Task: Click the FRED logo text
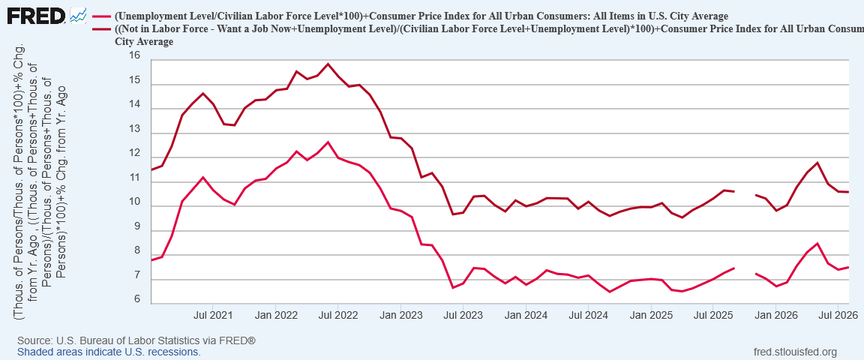(x=36, y=15)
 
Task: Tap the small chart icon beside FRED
(x=78, y=16)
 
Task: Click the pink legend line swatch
(x=103, y=16)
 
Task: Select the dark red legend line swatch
(x=103, y=29)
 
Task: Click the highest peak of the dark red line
(x=328, y=64)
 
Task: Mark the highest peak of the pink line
(x=328, y=142)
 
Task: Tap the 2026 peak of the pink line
(x=817, y=243)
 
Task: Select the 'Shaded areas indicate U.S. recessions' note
(x=109, y=351)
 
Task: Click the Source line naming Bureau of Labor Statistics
(x=136, y=340)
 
